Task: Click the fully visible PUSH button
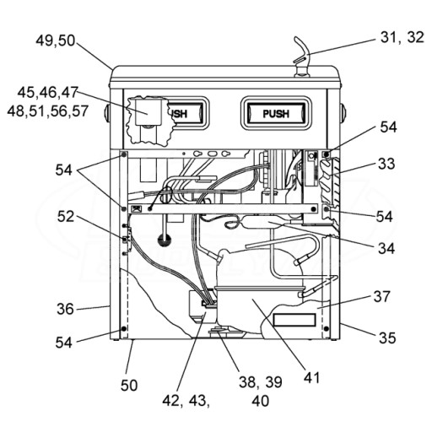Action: (276, 113)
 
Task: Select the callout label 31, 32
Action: (402, 37)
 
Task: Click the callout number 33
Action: (386, 164)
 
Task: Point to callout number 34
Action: (386, 248)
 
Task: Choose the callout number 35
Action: (387, 337)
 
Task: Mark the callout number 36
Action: (65, 309)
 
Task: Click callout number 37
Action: (382, 296)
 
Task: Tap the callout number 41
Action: (311, 378)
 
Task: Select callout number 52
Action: (66, 217)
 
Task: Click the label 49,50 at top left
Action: (56, 40)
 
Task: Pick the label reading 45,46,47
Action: (47, 92)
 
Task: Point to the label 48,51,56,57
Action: (48, 111)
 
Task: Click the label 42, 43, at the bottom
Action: (186, 401)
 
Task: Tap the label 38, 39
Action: (261, 382)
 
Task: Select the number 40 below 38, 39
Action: (261, 401)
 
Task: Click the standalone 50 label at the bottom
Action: (129, 386)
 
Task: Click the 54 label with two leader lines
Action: (64, 170)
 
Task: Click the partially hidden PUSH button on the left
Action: (186, 113)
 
